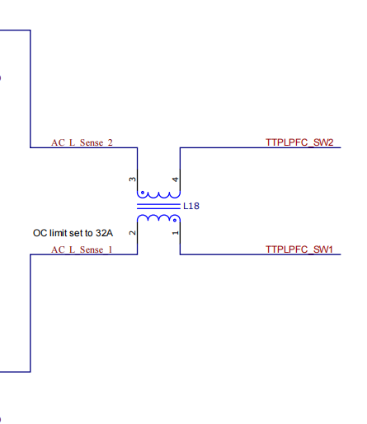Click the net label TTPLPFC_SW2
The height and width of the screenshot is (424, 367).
299,142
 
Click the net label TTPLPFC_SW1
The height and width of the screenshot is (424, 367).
299,249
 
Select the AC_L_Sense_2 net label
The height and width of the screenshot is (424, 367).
82,142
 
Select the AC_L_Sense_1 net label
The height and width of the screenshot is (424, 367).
82,249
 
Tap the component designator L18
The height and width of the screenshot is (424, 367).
191,206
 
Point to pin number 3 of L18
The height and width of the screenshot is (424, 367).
132,179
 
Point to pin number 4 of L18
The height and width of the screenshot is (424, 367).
175,179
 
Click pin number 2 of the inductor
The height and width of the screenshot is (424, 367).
132,233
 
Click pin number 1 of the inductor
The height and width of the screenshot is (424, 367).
175,233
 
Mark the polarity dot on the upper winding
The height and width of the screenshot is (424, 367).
143,193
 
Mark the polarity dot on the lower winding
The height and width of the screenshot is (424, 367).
175,220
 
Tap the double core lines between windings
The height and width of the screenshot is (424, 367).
158,207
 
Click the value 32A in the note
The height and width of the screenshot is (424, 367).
104,233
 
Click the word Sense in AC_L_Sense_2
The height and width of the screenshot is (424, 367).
92,142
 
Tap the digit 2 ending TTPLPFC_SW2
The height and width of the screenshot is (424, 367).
330,142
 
